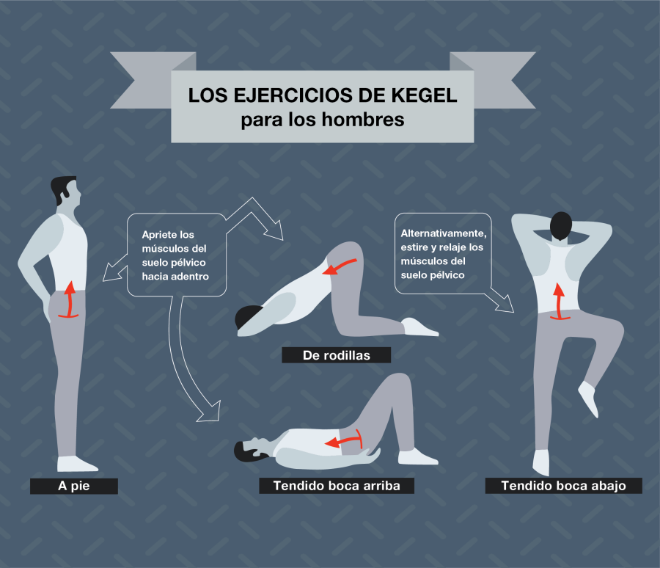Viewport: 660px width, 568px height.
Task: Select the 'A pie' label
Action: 73,486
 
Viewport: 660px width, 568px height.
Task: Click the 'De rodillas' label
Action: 336,356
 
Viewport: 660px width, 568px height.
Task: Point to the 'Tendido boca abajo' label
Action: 563,486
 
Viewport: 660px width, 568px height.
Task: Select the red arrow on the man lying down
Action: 345,440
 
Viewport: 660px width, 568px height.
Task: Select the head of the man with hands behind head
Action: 561,226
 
